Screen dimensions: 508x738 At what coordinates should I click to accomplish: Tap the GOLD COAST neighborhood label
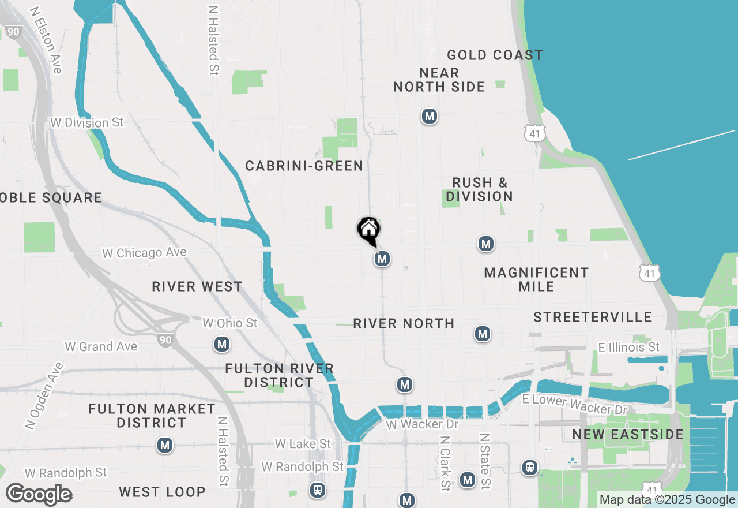point(495,55)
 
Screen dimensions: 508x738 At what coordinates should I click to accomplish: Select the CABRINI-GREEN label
point(304,166)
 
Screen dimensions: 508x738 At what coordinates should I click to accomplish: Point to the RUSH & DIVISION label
point(479,190)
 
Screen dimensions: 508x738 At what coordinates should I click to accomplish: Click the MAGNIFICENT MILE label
point(536,279)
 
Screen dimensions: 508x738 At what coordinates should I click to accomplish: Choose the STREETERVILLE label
point(593,317)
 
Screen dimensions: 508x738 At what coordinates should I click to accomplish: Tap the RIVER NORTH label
point(404,323)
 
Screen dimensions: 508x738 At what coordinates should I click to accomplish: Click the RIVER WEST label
point(197,287)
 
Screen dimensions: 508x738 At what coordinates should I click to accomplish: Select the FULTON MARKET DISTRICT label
point(152,416)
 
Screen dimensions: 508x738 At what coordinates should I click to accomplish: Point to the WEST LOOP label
point(162,492)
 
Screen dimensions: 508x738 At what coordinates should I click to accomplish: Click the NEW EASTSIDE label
point(628,434)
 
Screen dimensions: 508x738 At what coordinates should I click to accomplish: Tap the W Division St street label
point(87,122)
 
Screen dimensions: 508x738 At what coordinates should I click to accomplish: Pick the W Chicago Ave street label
point(144,253)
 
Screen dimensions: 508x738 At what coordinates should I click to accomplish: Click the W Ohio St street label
point(230,323)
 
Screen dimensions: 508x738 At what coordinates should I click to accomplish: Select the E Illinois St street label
point(629,347)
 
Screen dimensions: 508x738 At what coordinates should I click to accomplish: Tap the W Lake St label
point(303,443)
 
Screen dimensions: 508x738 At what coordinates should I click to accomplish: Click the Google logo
point(39,494)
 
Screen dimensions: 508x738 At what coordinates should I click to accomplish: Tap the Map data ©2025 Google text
point(667,500)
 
